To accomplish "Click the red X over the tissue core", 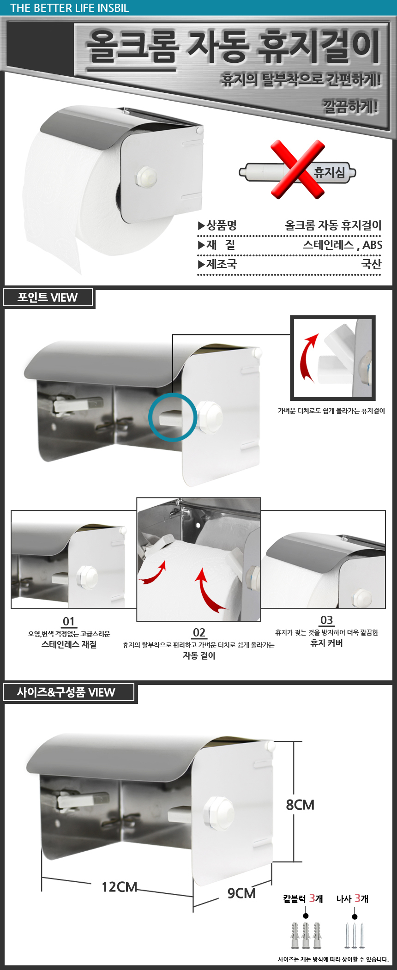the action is click(x=298, y=169).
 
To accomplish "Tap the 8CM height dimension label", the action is click(x=300, y=805).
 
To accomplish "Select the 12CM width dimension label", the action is click(x=119, y=887).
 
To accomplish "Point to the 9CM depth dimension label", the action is click(x=241, y=893).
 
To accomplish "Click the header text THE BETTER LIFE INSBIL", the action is click(x=69, y=8).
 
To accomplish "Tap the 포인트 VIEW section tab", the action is click(x=48, y=297).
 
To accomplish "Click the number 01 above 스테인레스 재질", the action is click(x=69, y=621).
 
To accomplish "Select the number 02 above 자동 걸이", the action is click(x=199, y=632).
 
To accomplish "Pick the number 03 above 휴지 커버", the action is click(x=326, y=620).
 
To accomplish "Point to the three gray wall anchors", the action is click(x=306, y=936).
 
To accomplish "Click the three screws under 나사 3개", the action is click(x=355, y=936).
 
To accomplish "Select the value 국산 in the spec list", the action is click(x=371, y=264).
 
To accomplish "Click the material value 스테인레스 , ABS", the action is click(x=343, y=245).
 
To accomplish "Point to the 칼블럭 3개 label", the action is click(x=303, y=898).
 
